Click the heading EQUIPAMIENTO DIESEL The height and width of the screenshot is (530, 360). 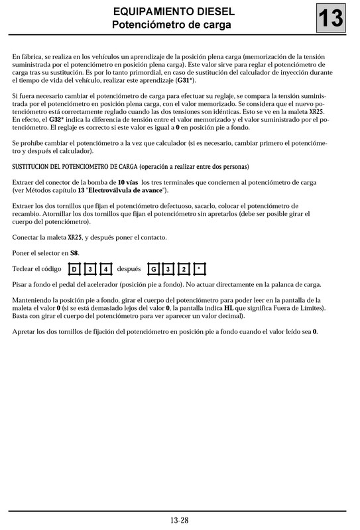click(171, 13)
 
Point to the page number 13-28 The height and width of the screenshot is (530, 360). click(180, 520)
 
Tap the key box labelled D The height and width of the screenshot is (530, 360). click(75, 269)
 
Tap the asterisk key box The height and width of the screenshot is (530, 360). click(199, 269)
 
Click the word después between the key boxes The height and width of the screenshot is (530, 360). click(129, 269)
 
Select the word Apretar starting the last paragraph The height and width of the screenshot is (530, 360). click(25, 331)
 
